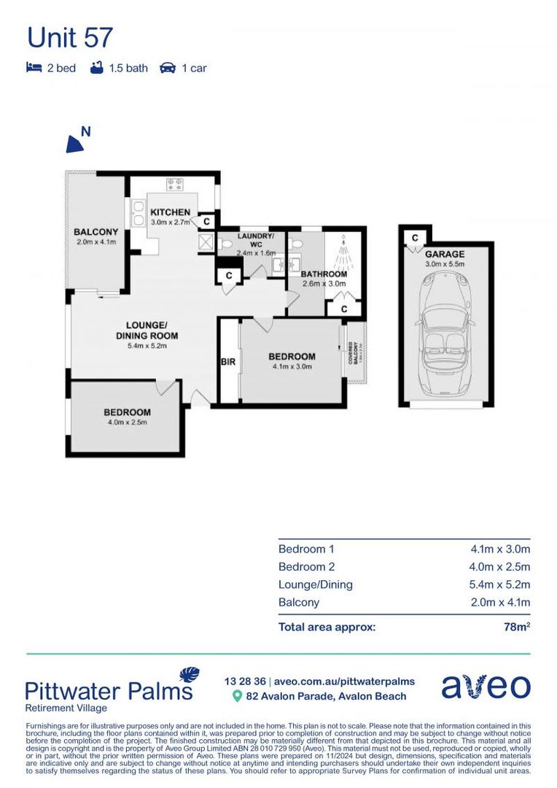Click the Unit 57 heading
pos(70,37)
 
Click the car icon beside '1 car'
pos(167,68)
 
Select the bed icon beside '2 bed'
pos(34,68)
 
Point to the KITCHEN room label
pos(170,212)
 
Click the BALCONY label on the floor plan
pos(96,232)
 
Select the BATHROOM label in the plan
pos(324,274)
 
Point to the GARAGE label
pos(445,254)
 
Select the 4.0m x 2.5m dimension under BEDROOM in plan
pos(127,422)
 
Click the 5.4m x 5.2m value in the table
pos(500,584)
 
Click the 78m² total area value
pos(516,627)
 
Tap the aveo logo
pos(486,687)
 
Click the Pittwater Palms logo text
pos(109,690)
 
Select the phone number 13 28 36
pos(245,681)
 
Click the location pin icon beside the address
pos(237,697)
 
